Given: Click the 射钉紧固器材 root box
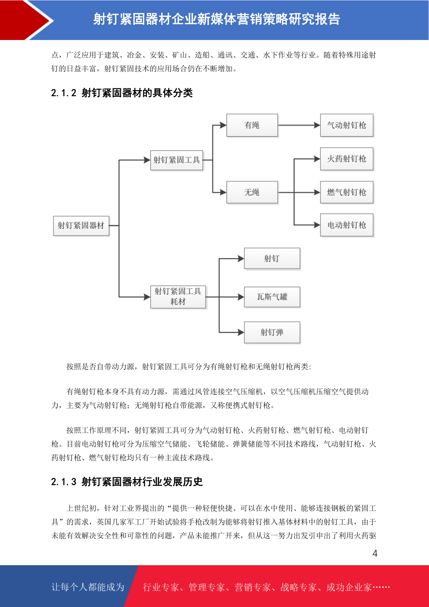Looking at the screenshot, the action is [81, 225].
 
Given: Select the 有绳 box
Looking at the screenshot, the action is [252, 125].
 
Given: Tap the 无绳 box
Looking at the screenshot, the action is [252, 192].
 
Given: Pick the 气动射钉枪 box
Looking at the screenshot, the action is [347, 125].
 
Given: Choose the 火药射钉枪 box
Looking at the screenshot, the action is [347, 159].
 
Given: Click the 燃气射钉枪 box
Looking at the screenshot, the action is [347, 192].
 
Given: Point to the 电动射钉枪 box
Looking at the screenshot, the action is [347, 225].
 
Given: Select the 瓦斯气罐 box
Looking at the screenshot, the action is [272, 297].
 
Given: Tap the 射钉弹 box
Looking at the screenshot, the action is [272, 332].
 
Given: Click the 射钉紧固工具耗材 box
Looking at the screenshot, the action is [178, 297].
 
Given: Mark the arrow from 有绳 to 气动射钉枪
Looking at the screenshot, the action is [299, 125].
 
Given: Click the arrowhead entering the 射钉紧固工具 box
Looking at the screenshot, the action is [147, 160].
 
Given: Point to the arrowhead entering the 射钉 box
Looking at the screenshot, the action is [241, 259].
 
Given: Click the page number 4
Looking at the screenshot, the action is [375, 553].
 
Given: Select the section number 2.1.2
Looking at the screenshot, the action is [64, 93].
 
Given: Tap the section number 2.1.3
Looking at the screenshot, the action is [64, 482].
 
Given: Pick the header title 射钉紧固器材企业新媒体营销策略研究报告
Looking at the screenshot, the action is [217, 19].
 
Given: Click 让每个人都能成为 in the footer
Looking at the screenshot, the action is [88, 587].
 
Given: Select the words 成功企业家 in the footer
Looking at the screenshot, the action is [349, 587].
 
